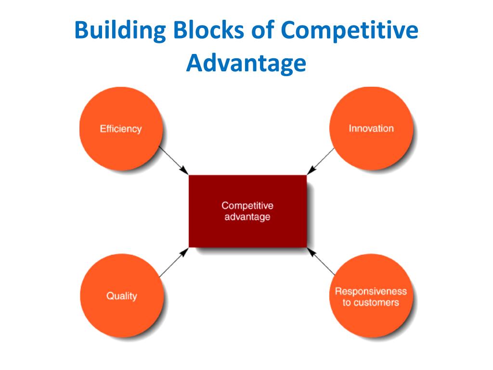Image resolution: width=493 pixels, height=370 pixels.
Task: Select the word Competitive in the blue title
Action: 350,31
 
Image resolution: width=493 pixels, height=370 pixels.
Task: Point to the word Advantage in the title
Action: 246,64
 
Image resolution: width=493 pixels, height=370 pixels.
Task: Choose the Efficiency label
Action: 120,129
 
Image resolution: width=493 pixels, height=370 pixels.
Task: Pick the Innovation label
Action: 371,129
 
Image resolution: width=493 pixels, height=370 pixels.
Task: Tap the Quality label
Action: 122,296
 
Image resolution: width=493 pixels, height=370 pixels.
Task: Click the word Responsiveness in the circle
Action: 371,291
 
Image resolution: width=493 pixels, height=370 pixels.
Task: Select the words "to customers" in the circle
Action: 371,303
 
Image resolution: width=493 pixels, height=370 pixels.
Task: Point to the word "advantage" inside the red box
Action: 247,217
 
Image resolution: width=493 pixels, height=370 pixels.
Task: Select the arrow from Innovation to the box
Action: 321,160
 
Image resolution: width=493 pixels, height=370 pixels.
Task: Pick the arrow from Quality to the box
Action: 173,263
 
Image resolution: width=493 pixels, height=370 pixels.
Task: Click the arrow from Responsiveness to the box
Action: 321,262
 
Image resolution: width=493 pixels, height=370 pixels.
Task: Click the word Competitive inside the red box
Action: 247,206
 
